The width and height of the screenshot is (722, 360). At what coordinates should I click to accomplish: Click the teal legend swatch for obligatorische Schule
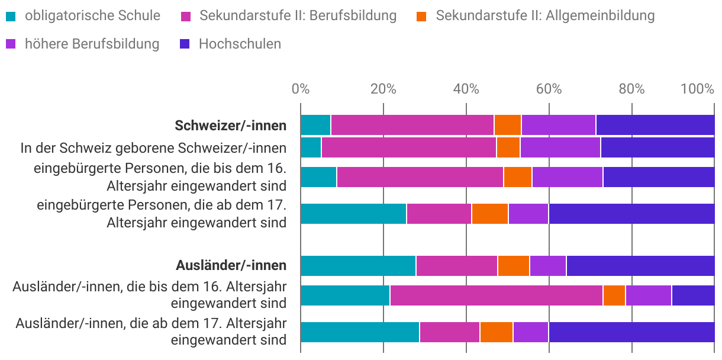[x=12, y=16]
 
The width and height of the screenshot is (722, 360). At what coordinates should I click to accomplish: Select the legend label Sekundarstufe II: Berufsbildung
[x=298, y=15]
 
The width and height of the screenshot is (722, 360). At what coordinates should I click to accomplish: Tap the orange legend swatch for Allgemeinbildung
[x=421, y=16]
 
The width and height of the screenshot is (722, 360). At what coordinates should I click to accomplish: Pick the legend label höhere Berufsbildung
[x=92, y=44]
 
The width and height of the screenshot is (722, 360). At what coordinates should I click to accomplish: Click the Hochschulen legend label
[x=240, y=44]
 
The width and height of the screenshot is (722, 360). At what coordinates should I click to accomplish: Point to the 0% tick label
[x=301, y=89]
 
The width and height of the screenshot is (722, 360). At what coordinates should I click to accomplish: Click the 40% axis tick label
[x=466, y=89]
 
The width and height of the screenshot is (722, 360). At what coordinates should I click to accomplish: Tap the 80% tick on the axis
[x=631, y=89]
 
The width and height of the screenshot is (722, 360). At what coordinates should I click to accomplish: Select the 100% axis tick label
[x=698, y=89]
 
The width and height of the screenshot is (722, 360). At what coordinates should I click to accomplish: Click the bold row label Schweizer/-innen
[x=231, y=126]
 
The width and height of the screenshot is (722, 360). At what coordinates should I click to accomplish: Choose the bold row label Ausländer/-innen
[x=231, y=265]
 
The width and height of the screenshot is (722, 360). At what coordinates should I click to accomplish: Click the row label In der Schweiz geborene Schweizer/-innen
[x=154, y=147]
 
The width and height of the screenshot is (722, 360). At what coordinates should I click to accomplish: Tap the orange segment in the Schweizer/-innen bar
[x=507, y=126]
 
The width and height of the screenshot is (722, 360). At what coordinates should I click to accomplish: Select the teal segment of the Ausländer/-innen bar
[x=358, y=266]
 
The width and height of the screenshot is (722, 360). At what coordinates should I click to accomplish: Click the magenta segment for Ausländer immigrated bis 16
[x=496, y=295]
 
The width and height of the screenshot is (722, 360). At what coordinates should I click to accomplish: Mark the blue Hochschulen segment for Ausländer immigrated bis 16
[x=693, y=295]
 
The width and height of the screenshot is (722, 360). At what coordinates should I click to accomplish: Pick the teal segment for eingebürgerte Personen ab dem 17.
[x=353, y=214]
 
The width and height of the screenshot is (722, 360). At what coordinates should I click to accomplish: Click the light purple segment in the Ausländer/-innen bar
[x=547, y=266]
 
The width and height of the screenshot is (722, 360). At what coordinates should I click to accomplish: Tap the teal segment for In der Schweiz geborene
[x=311, y=147]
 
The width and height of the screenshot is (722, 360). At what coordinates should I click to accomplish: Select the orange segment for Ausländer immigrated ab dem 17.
[x=496, y=332]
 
